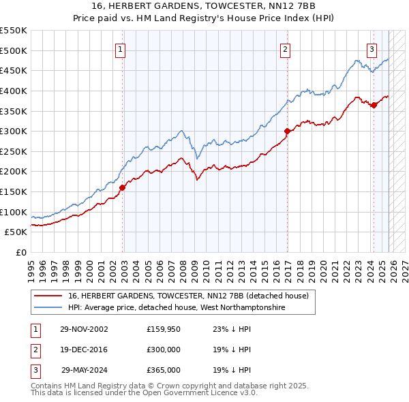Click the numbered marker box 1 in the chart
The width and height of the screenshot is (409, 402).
click(120, 48)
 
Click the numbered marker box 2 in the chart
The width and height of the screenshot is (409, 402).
click(284, 48)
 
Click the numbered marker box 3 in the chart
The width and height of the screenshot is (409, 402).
click(372, 48)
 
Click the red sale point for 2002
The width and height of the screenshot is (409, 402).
click(123, 187)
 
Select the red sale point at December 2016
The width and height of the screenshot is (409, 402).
click(287, 132)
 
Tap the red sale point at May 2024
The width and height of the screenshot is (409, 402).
click(374, 105)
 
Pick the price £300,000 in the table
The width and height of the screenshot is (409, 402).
click(163, 350)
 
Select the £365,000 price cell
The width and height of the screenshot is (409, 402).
click(163, 370)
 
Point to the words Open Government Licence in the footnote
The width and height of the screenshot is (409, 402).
click(188, 392)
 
